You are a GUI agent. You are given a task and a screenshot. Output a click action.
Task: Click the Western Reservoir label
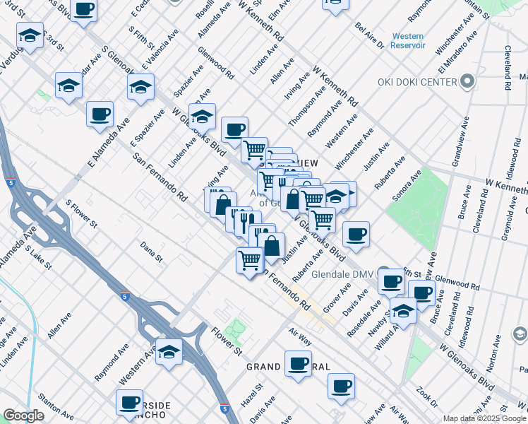(x=408, y=40)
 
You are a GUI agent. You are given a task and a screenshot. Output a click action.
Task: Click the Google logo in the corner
(x=23, y=416)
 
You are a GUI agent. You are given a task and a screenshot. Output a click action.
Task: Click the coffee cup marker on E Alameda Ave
(x=100, y=114)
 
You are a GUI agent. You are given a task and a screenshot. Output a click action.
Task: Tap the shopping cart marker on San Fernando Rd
(x=250, y=261)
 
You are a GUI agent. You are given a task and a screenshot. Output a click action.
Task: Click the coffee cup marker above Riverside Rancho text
(x=130, y=402)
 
